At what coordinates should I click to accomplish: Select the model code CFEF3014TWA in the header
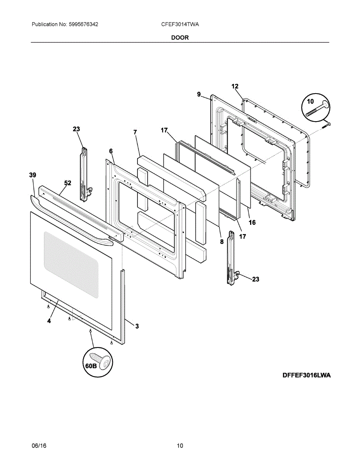tap(180, 24)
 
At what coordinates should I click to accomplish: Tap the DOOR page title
tap(180, 38)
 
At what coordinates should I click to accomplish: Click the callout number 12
tap(235, 86)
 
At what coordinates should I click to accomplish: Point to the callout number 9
tap(199, 94)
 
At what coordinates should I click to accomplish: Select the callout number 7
tap(135, 132)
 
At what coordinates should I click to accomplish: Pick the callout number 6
tap(111, 151)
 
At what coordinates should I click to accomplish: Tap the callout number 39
tap(33, 176)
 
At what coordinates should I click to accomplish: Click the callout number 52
tap(68, 183)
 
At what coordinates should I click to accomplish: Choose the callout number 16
tap(252, 223)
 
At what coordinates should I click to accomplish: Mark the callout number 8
tap(222, 241)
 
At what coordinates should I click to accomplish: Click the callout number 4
tap(49, 321)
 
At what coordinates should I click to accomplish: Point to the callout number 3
tap(137, 326)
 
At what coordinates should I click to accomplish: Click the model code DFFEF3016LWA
tap(307, 375)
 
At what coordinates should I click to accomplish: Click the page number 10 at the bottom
tap(180, 446)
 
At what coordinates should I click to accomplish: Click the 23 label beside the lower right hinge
tap(256, 279)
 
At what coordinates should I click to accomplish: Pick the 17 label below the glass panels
tap(242, 236)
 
